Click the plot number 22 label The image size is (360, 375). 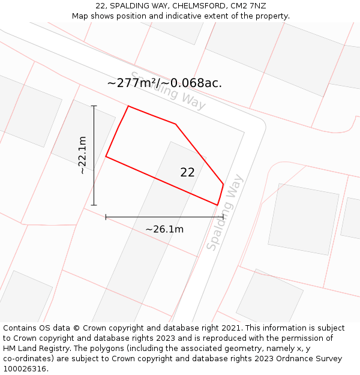pyautogui.click(x=187, y=172)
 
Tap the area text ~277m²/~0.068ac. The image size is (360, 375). pyautogui.click(x=164, y=83)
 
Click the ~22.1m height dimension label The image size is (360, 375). pyautogui.click(x=83, y=155)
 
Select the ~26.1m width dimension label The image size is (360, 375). pyautogui.click(x=164, y=229)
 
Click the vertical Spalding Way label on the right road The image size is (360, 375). pyautogui.click(x=225, y=212)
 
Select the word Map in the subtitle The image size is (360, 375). pyautogui.click(x=81, y=16)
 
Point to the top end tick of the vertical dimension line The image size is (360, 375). pyautogui.click(x=94, y=106)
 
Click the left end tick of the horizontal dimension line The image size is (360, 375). pyautogui.click(x=106, y=217)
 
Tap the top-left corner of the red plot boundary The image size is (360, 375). pyautogui.click(x=128, y=106)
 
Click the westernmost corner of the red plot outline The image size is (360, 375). pyautogui.click(x=106, y=157)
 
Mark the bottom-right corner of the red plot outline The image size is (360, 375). pyautogui.click(x=217, y=205)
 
